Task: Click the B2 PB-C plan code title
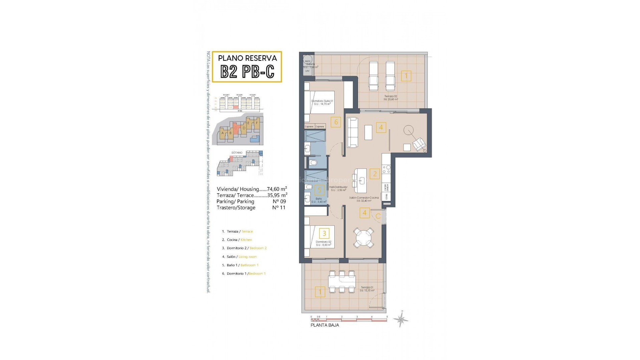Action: click(x=247, y=71)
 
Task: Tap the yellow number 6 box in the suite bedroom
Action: click(x=336, y=122)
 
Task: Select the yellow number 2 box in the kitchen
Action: click(x=375, y=174)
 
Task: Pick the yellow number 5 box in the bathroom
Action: click(x=319, y=190)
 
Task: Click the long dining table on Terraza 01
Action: click(x=342, y=282)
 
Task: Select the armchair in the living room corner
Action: click(x=419, y=144)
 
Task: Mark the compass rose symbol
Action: click(x=401, y=319)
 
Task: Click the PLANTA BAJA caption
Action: click(x=325, y=325)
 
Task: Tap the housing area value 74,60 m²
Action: click(x=277, y=189)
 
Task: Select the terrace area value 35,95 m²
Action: click(x=277, y=195)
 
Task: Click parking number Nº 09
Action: click(x=279, y=201)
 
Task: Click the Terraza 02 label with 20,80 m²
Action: click(x=390, y=98)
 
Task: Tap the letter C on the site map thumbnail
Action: click(x=235, y=127)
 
